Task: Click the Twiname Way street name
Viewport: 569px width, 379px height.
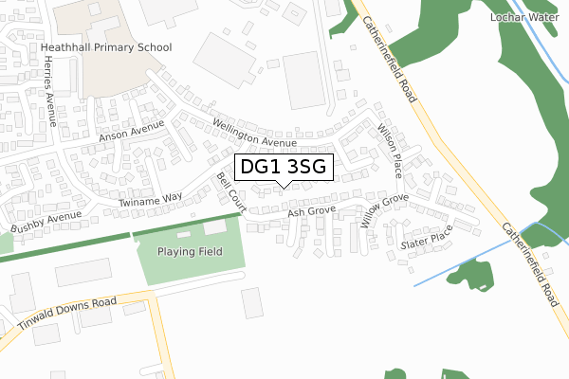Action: (150, 200)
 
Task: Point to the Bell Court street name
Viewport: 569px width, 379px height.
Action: (231, 192)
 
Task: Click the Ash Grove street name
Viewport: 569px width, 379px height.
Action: (312, 213)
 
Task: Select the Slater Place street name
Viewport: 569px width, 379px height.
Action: (428, 241)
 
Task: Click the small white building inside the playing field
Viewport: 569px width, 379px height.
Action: (215, 228)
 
